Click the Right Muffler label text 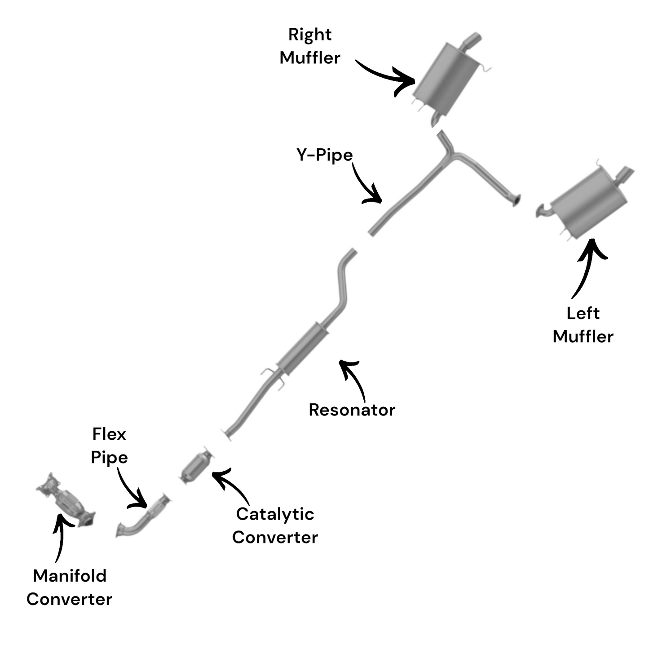click(310, 46)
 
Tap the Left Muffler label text click(583, 325)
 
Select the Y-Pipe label click(324, 155)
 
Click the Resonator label click(352, 410)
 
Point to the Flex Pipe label click(109, 446)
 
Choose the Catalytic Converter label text click(275, 525)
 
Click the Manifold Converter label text click(69, 587)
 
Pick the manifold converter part click(67, 500)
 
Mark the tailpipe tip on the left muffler click(626, 173)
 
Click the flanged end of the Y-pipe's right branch click(516, 199)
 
